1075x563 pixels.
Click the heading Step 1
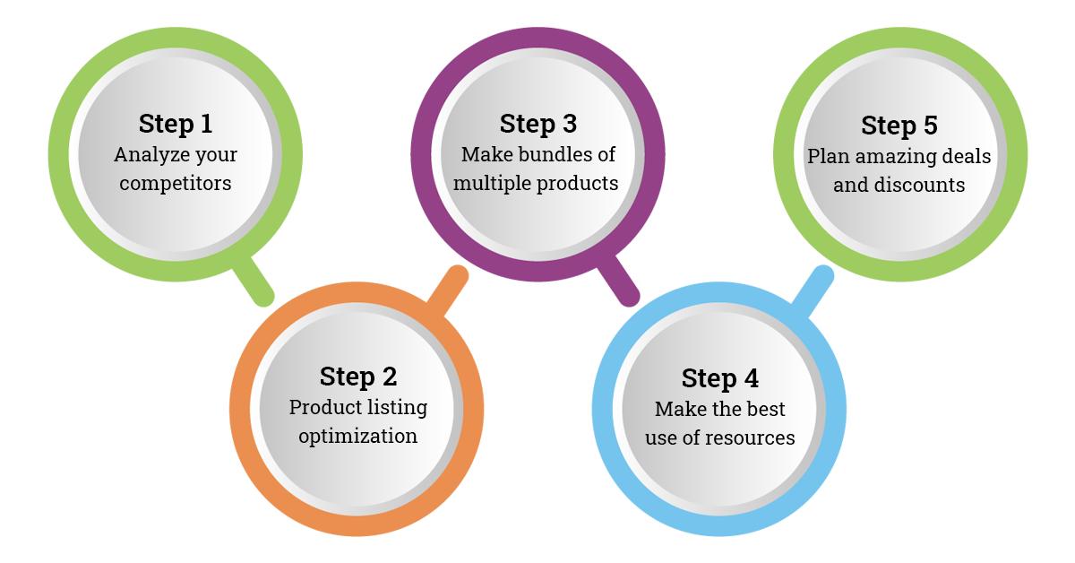pyautogui.click(x=176, y=123)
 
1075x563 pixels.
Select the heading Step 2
pyautogui.click(x=357, y=377)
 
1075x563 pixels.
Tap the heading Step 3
pyautogui.click(x=537, y=123)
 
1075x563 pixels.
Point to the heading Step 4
pyautogui.click(x=719, y=378)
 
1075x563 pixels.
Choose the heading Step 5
pyautogui.click(x=899, y=126)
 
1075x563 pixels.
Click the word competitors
pyautogui.click(x=176, y=184)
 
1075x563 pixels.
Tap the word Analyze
pyautogui.click(x=144, y=155)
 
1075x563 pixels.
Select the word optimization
pyautogui.click(x=357, y=437)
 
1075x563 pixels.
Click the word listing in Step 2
pyautogui.click(x=391, y=408)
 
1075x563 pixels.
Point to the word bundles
pyautogui.click(x=557, y=154)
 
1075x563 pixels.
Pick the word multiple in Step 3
pyautogui.click(x=493, y=184)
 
